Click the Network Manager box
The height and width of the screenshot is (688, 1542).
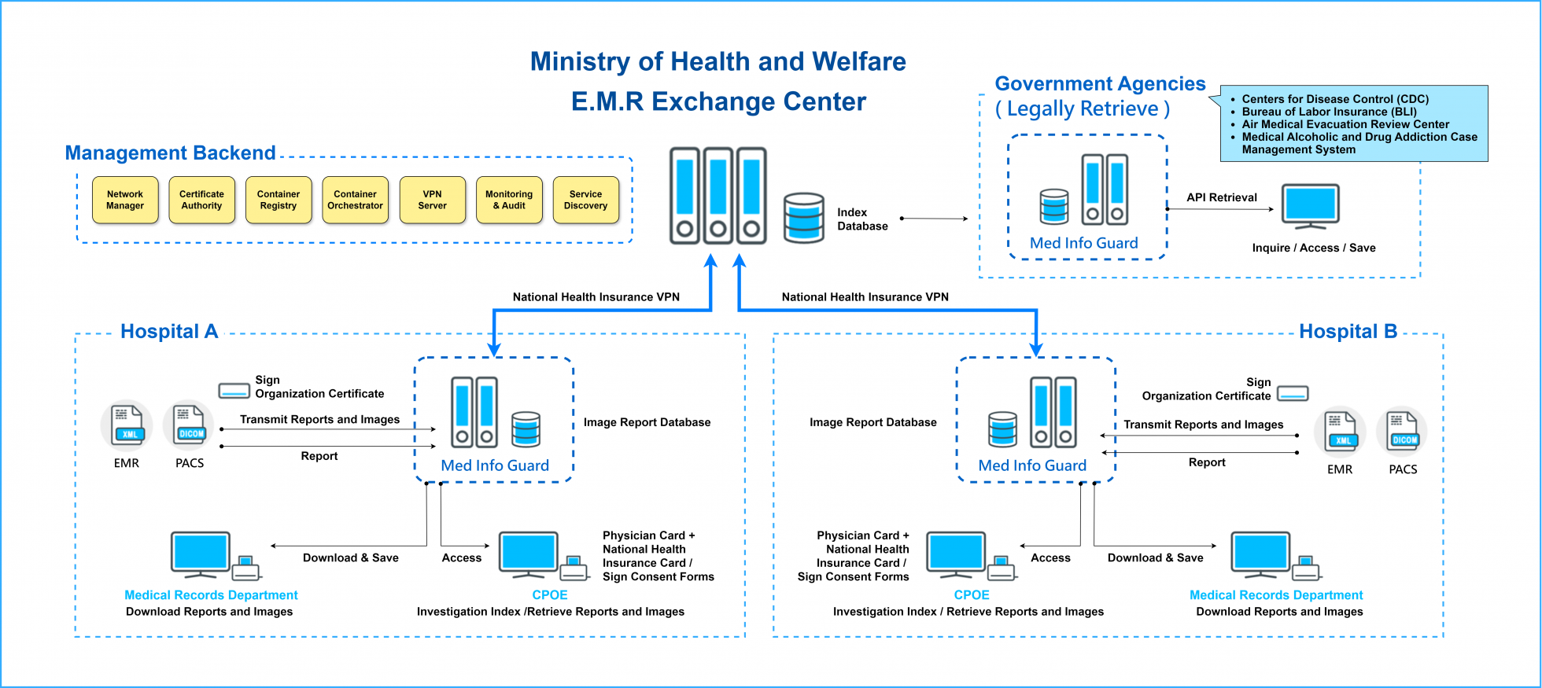[125, 200]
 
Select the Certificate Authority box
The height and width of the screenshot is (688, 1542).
[201, 200]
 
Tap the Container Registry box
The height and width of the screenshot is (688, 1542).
[279, 200]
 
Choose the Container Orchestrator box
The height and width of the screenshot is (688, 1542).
[355, 200]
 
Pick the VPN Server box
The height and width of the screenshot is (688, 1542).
[432, 200]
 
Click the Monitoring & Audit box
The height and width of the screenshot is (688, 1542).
[509, 200]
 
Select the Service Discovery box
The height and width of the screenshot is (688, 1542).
[585, 200]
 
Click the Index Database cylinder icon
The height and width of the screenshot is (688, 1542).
[804, 218]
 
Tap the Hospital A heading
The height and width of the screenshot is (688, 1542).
[169, 331]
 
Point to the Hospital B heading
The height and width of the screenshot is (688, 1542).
[1348, 331]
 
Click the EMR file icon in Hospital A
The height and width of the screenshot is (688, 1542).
[127, 425]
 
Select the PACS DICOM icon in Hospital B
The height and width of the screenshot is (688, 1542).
[1404, 431]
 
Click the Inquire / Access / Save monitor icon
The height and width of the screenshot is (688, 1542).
[1310, 206]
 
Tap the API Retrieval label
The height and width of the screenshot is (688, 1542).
[1222, 197]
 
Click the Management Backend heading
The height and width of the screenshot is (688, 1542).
[170, 153]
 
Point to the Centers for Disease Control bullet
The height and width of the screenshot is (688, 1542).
[1335, 99]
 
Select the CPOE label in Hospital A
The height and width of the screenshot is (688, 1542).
[549, 595]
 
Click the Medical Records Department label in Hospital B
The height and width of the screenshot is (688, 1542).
[1275, 595]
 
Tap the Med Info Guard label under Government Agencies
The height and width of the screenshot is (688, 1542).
[1083, 243]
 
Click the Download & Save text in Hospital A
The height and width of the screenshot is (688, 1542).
[350, 557]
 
